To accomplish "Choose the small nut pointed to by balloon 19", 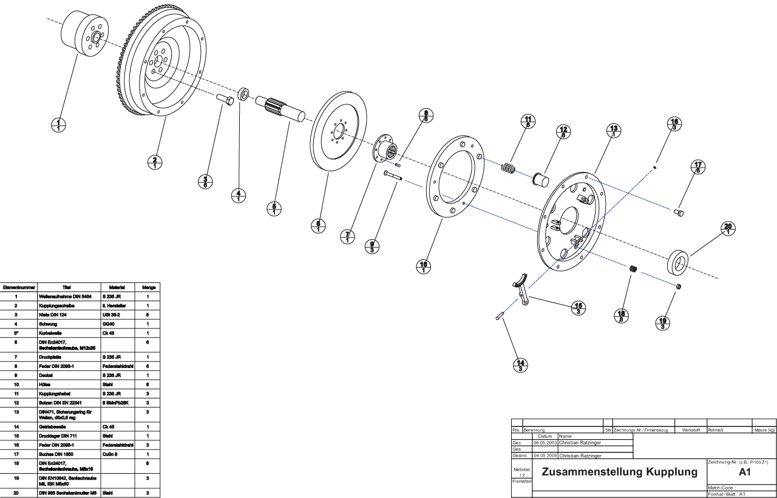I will (x=679, y=286).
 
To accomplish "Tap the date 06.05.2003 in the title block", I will (x=545, y=442).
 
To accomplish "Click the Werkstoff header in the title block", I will (x=691, y=430).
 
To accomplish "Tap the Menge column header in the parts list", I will (x=149, y=287).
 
